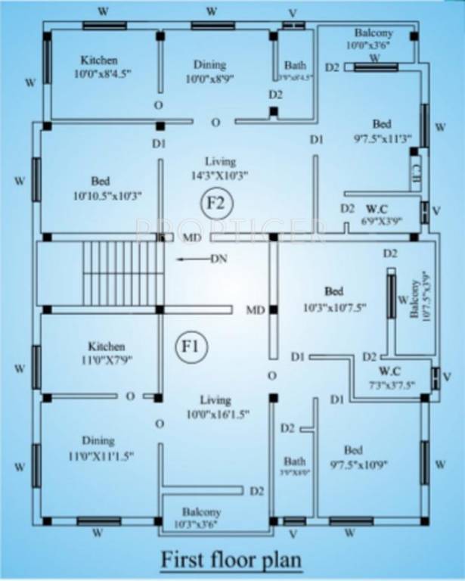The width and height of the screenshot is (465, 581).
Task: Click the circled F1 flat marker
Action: click(x=189, y=347)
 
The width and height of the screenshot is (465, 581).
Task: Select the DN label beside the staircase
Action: click(x=218, y=259)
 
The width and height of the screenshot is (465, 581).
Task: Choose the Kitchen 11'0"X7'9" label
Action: click(x=106, y=352)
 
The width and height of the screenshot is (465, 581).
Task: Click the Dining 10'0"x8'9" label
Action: click(x=209, y=72)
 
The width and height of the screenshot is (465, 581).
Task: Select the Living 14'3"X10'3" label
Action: click(x=219, y=169)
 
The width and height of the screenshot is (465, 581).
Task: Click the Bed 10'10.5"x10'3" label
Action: click(x=100, y=188)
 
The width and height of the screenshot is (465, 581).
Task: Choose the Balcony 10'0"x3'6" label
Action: click(x=374, y=39)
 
